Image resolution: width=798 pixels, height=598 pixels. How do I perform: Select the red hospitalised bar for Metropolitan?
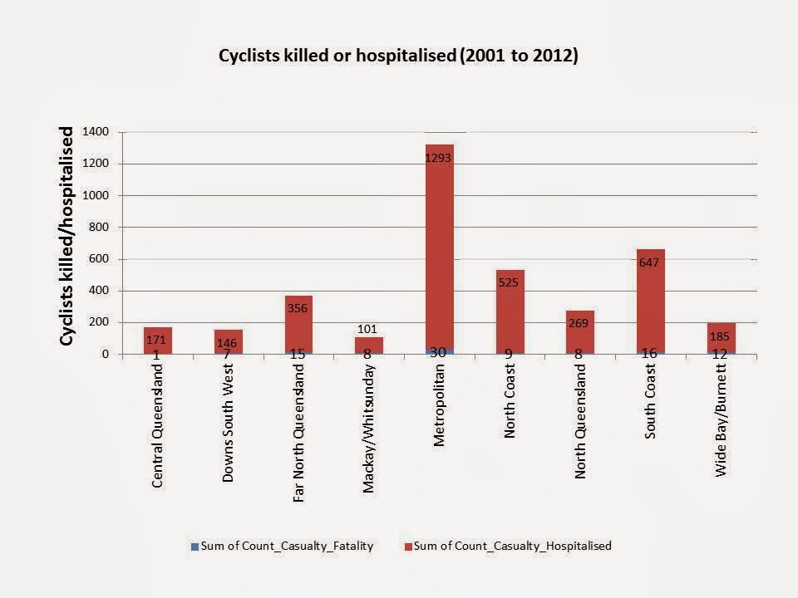(x=439, y=249)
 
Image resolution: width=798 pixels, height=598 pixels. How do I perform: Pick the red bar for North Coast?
(x=510, y=316)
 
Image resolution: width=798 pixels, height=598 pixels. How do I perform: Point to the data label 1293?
(x=439, y=156)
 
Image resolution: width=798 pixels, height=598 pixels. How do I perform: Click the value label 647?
(x=649, y=262)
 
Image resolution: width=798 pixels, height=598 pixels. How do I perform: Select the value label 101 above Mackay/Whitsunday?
(x=367, y=328)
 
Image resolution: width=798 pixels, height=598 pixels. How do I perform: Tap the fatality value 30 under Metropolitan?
(x=438, y=353)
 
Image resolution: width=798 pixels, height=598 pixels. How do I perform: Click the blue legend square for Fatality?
(x=195, y=546)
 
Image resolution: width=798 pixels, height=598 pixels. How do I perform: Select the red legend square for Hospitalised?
(x=408, y=546)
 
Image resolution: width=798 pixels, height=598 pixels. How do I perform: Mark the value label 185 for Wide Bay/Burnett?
(x=721, y=337)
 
